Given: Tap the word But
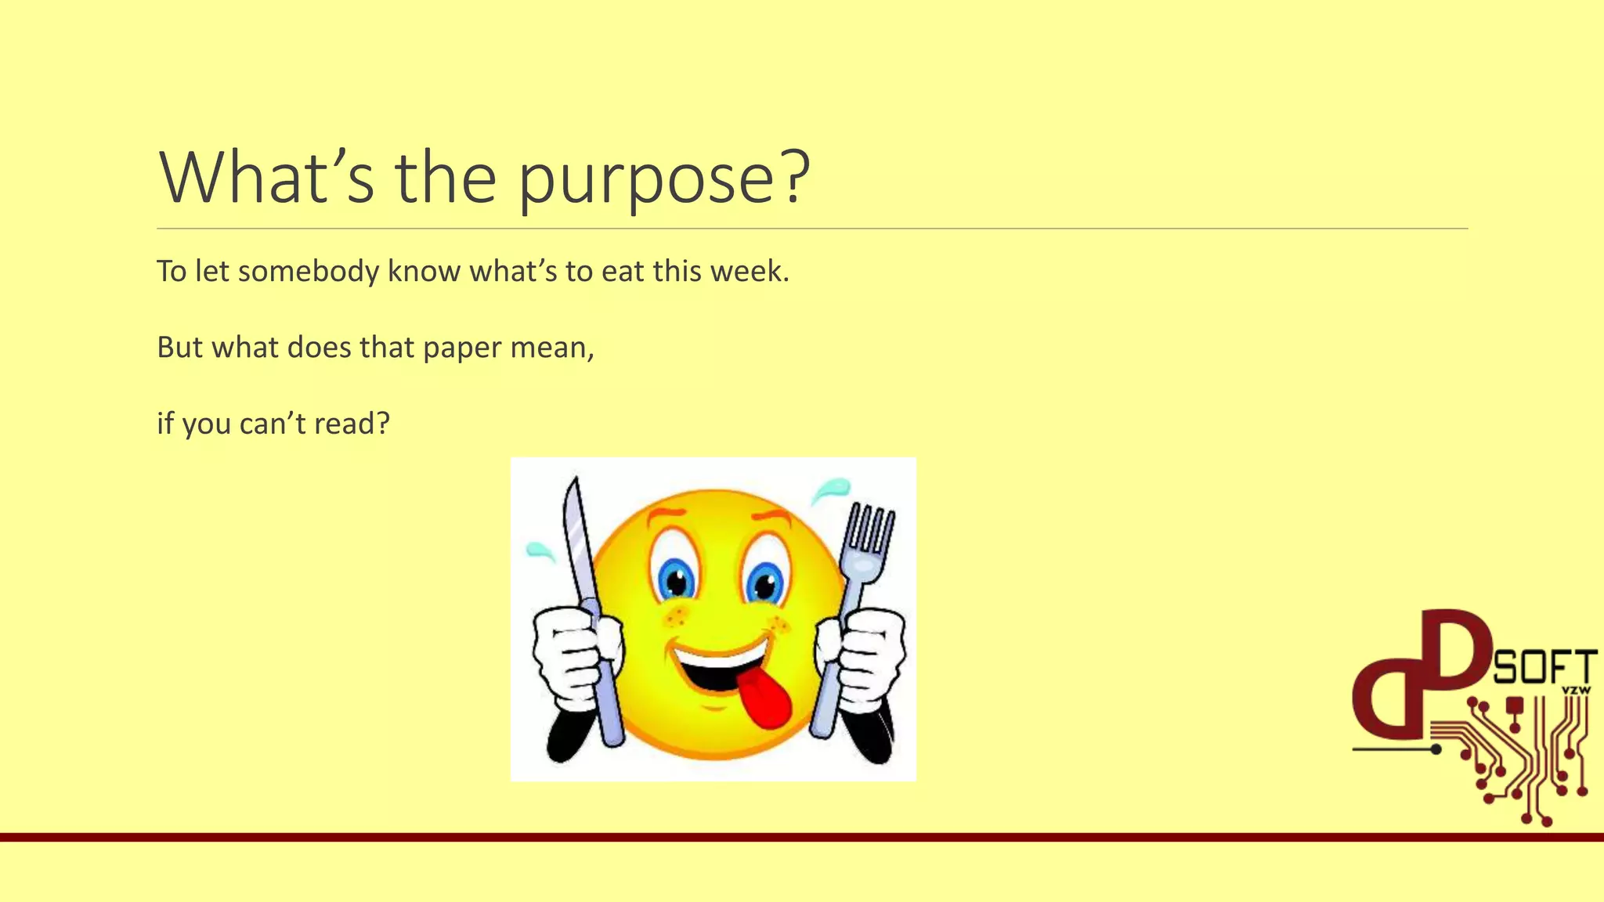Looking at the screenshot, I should point(180,347).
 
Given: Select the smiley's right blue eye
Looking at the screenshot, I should point(764,584).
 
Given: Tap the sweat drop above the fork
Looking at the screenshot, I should point(832,489).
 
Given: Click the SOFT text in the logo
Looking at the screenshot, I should point(1544,667).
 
